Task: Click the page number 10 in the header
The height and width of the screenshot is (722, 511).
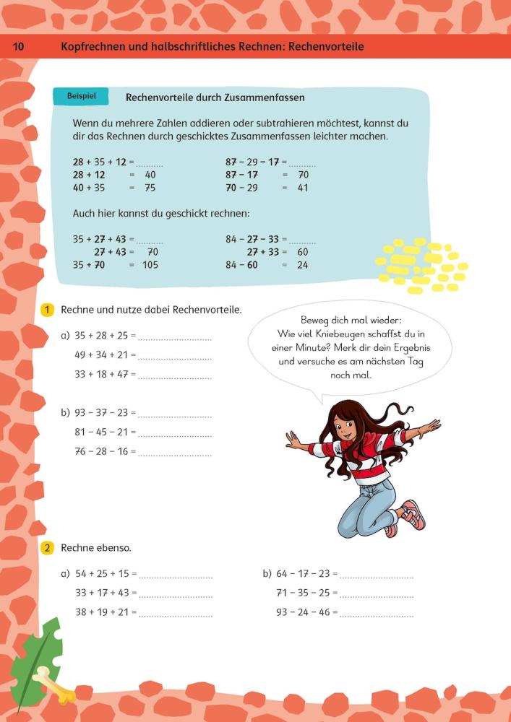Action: pyautogui.click(x=19, y=47)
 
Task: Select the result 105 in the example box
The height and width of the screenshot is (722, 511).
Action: pyautogui.click(x=150, y=265)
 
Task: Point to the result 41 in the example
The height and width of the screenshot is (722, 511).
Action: pyautogui.click(x=303, y=188)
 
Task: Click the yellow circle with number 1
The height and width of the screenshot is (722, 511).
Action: pyautogui.click(x=47, y=310)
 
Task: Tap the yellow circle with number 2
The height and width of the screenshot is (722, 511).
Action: pyautogui.click(x=47, y=548)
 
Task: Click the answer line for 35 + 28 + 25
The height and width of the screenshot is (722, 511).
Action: pyautogui.click(x=175, y=337)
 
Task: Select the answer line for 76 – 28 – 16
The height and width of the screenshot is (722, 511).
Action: pyautogui.click(x=175, y=454)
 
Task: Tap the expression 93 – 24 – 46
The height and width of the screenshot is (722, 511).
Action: pyautogui.click(x=303, y=612)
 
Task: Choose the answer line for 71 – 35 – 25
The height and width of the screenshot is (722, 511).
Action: pyautogui.click(x=377, y=595)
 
